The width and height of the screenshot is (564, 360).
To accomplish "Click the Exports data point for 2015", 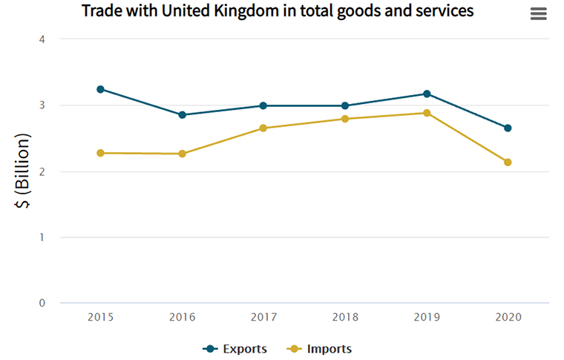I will coord(100,89).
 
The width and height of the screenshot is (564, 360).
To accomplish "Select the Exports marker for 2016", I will coord(182,115).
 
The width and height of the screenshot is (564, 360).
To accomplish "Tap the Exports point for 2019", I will coord(427,94).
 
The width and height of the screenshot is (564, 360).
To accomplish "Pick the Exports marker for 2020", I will coord(508,128).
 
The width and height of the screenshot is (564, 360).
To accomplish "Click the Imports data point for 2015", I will coord(100,153).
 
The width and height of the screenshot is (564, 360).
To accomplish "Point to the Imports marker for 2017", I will coord(263,128).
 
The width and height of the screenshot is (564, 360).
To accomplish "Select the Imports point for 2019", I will coord(427,113).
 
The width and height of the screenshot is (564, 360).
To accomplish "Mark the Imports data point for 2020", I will coord(508,162).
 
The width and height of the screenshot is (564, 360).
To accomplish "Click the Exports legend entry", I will coord(235,349).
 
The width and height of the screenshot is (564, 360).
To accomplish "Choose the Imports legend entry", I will coord(319,349).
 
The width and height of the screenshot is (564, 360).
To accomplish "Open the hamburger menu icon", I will coord(539,14).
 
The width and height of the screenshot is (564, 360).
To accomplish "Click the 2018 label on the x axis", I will coord(345,317).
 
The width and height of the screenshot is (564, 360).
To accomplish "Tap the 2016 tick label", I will coord(182,317).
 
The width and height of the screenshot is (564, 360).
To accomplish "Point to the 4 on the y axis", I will coord(42,39).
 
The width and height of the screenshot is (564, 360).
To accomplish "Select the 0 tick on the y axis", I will coord(42,303).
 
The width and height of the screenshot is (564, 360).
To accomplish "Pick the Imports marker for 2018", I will coord(345,119).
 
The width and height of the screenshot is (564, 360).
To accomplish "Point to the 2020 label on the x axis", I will coord(508,317).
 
